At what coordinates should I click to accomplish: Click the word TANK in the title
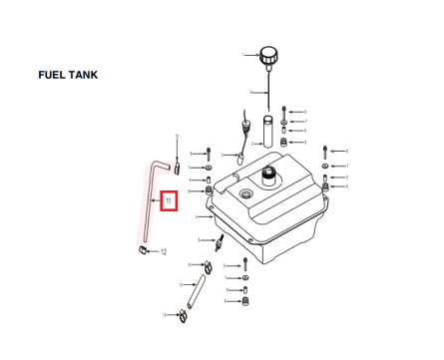click(x=84, y=76)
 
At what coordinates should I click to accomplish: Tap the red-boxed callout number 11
click(x=169, y=202)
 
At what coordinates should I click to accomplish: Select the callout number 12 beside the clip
click(x=164, y=251)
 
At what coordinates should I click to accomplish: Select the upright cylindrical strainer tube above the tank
click(x=267, y=134)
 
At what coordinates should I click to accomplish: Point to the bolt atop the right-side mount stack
click(x=326, y=154)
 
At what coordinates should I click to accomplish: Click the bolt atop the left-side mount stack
click(x=208, y=155)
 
